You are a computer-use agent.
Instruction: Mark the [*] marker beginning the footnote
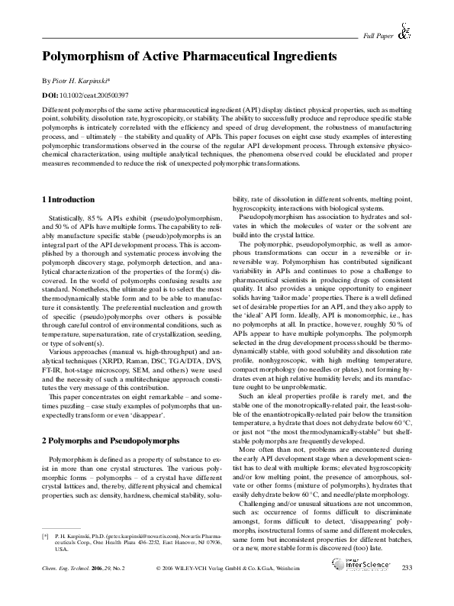[x=44, y=559]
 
